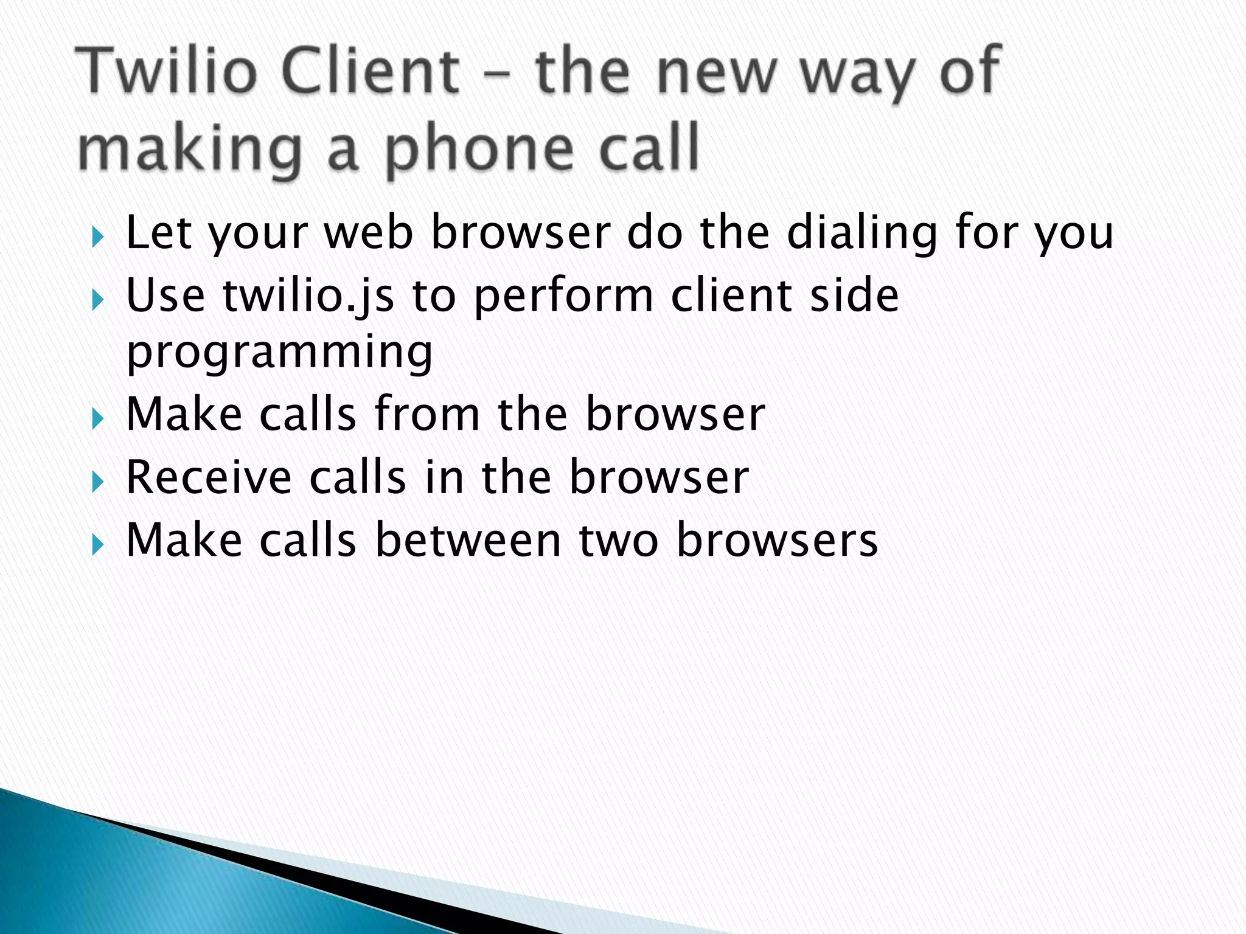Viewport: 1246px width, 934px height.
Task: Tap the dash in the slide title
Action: coord(496,75)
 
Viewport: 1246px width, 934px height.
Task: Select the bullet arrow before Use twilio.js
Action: coord(98,300)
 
